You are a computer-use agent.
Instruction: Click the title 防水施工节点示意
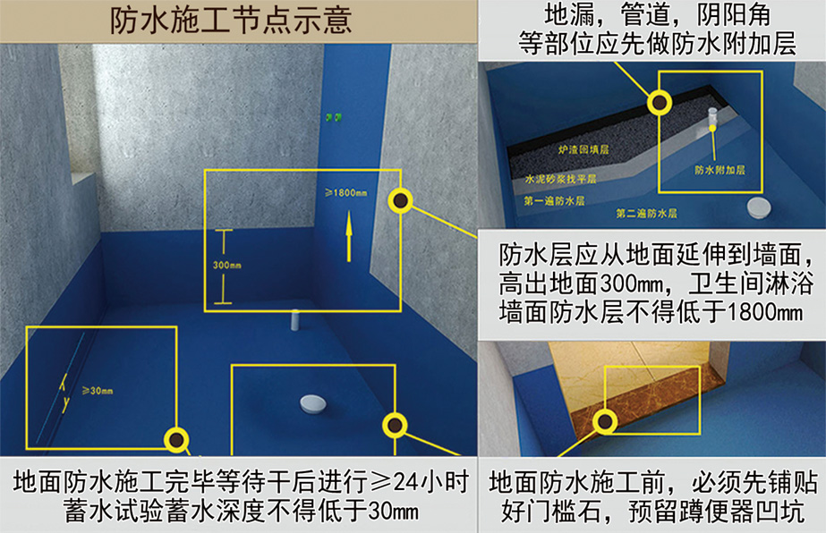pyautogui.click(x=230, y=21)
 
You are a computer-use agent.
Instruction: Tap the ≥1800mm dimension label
pyautogui.click(x=346, y=193)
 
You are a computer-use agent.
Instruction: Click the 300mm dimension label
pyautogui.click(x=227, y=265)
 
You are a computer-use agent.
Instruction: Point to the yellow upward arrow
pyautogui.click(x=348, y=236)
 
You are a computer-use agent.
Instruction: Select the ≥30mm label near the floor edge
pyautogui.click(x=98, y=391)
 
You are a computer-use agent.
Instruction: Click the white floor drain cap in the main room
pyautogui.click(x=313, y=404)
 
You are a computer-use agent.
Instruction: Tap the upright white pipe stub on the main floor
pyautogui.click(x=295, y=320)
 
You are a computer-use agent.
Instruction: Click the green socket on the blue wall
pyautogui.click(x=333, y=117)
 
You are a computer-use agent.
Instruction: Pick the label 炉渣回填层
pyautogui.click(x=583, y=149)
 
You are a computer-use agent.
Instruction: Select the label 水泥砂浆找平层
pyautogui.click(x=560, y=179)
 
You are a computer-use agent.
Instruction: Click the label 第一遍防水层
pyautogui.click(x=554, y=200)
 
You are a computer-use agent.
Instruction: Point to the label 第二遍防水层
pyautogui.click(x=646, y=214)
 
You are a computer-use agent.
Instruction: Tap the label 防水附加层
pyautogui.click(x=720, y=170)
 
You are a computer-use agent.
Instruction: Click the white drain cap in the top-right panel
pyautogui.click(x=759, y=207)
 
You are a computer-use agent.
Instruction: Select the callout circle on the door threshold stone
pyautogui.click(x=605, y=421)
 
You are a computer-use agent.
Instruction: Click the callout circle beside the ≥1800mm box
pyautogui.click(x=400, y=200)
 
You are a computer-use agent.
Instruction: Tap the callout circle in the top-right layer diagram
pyautogui.click(x=660, y=102)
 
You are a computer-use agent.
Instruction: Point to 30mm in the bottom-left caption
pyautogui.click(x=394, y=511)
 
